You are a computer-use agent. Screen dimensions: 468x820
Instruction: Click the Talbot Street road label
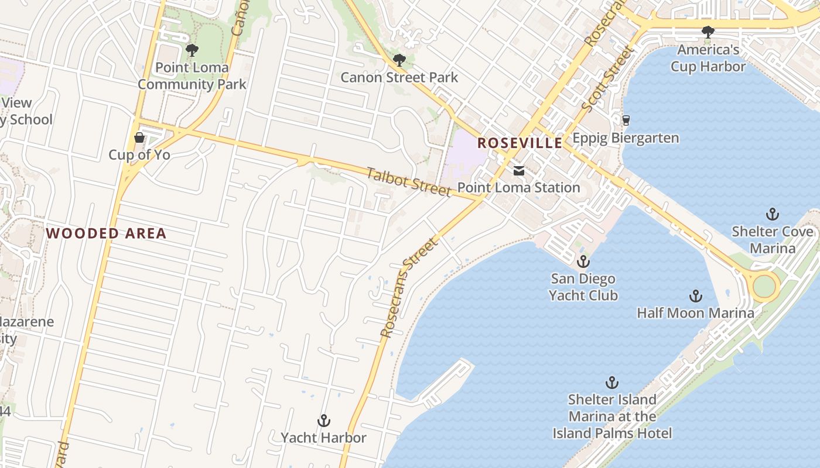(408, 182)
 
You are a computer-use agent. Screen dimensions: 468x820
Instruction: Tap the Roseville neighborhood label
(520, 143)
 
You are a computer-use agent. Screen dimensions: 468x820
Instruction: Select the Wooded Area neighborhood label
(106, 233)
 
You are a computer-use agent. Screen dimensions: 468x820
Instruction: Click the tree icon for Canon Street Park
(399, 60)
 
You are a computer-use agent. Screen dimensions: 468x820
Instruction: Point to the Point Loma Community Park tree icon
(192, 50)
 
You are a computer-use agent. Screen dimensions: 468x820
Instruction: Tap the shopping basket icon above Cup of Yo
(139, 137)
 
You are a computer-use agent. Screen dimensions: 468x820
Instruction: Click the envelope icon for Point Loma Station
(518, 171)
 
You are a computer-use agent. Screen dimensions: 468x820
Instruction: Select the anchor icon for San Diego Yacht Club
(583, 261)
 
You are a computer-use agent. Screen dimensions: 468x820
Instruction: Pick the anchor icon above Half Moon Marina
(695, 296)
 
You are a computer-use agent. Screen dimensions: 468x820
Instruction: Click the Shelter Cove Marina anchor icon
(772, 214)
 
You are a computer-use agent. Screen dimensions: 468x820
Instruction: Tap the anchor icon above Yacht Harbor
(323, 421)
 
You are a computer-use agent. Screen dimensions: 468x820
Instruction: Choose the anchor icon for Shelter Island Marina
(612, 383)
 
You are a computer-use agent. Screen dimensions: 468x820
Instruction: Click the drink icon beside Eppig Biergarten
(626, 120)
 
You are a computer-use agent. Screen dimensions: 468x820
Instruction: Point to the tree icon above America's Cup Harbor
(708, 32)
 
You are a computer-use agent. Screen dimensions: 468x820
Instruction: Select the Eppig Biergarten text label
(626, 138)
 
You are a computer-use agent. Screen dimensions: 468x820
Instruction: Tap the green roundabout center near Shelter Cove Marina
(764, 287)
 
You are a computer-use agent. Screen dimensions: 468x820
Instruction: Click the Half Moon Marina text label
(695, 313)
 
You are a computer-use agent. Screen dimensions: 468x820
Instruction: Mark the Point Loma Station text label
(518, 188)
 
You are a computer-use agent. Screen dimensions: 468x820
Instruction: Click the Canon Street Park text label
(399, 77)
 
